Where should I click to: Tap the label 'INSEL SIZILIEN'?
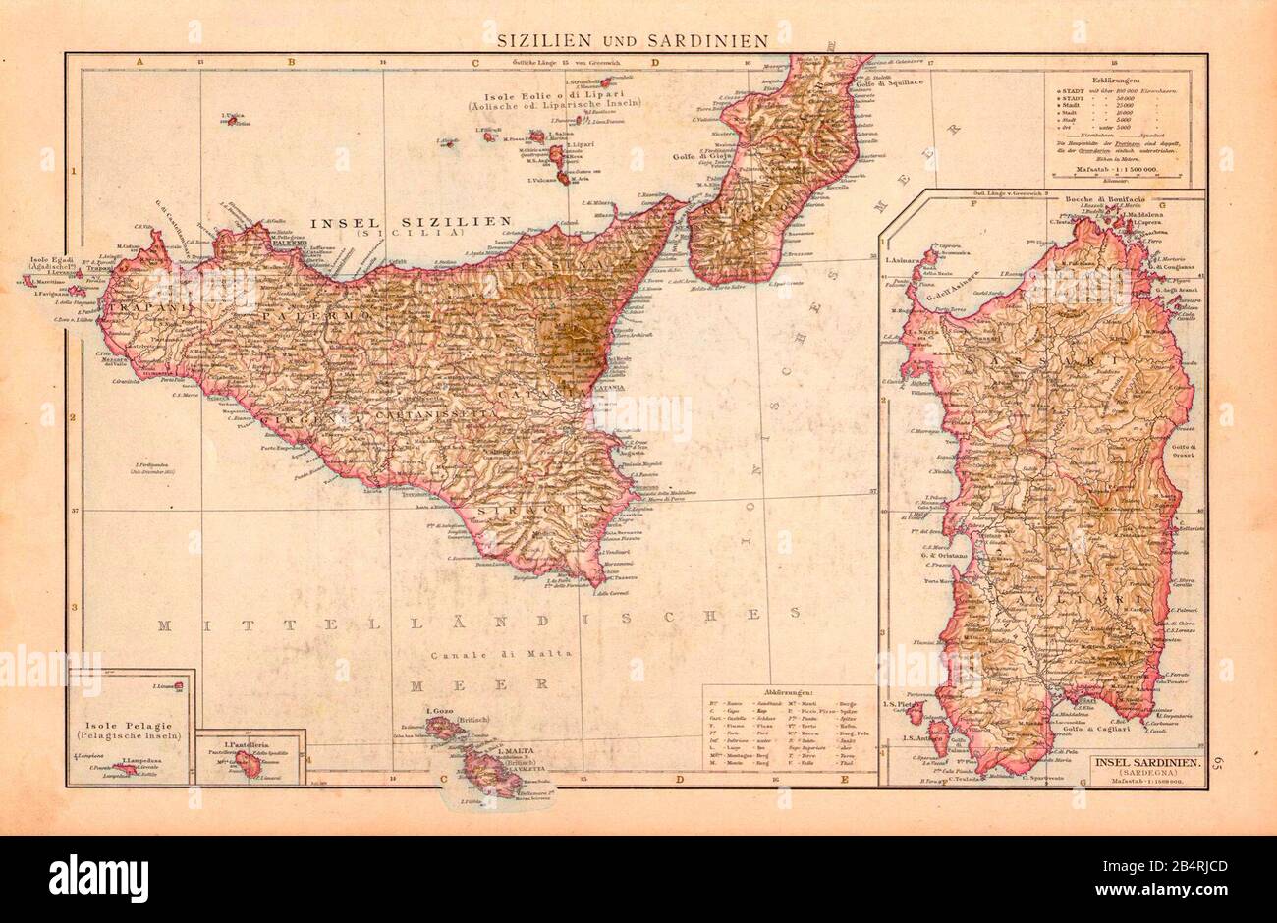pyautogui.click(x=410, y=222)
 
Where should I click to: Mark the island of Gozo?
pyautogui.click(x=444, y=728)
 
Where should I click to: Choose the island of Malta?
pyautogui.click(x=489, y=767)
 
